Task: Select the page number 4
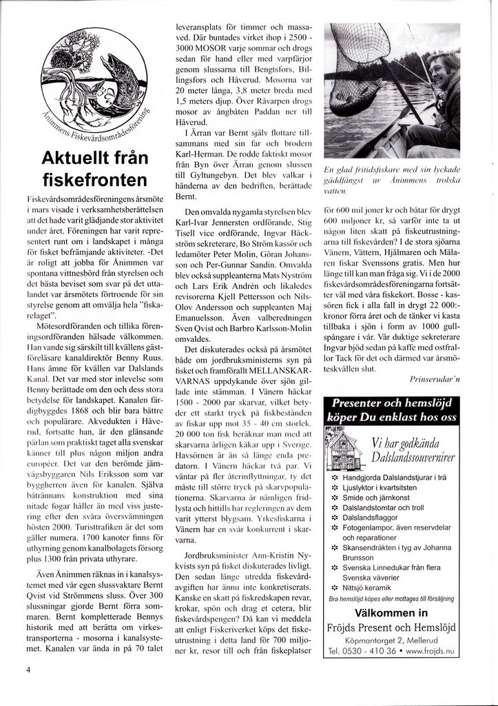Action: coord(28,668)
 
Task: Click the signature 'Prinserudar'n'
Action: coord(437,379)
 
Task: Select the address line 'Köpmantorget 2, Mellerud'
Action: coord(392,640)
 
